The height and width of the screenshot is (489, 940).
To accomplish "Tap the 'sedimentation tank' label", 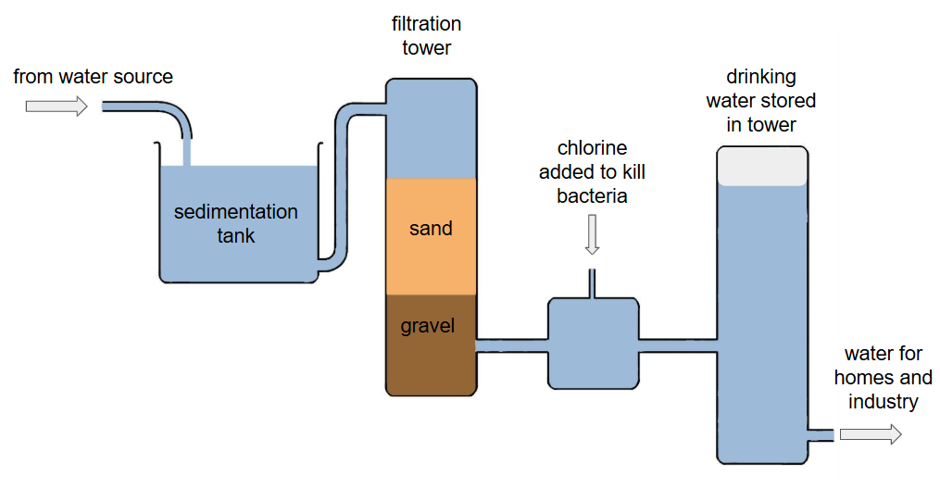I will point(236,223).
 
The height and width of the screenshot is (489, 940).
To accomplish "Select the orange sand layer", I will point(431,235).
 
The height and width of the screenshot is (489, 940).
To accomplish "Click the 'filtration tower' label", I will point(426,35).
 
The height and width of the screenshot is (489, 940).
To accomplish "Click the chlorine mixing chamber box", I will point(593,343).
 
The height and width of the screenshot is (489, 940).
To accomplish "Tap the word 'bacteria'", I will point(593,196).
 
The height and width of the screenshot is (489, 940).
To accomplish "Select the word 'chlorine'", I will point(593,148).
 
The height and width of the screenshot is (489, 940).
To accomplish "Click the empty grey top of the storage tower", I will point(762,167).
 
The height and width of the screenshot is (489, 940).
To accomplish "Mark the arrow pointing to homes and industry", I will point(870,434).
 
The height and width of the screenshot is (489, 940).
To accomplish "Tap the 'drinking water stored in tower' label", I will point(761,100).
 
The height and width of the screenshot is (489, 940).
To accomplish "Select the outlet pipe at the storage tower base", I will point(820,434).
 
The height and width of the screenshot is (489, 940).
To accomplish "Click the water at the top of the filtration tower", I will point(431,130).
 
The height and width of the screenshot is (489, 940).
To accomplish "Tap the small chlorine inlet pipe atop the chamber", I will point(593,282).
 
